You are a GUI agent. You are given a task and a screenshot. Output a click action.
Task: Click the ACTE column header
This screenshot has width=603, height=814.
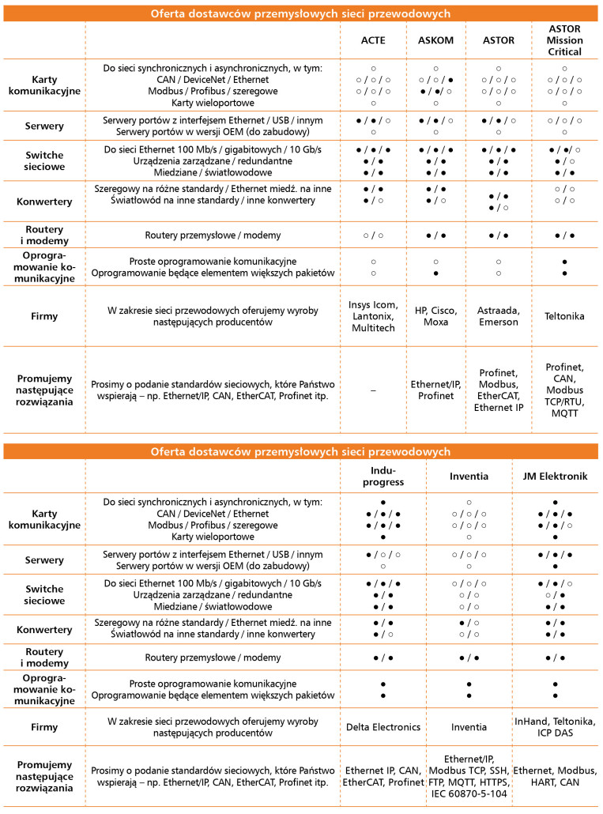pyautogui.click(x=372, y=40)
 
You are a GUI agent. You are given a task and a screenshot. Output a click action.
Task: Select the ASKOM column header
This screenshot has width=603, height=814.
pyautogui.click(x=435, y=40)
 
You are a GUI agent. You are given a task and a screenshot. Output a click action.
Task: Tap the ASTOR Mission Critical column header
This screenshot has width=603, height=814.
pyautogui.click(x=564, y=40)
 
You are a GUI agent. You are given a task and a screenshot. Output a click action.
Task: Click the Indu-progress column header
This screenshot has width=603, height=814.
pyautogui.click(x=383, y=476)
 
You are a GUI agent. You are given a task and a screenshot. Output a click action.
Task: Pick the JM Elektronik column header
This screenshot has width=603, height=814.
pyautogui.click(x=556, y=476)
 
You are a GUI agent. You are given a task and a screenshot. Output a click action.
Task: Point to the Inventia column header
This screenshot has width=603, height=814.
pyautogui.click(x=469, y=476)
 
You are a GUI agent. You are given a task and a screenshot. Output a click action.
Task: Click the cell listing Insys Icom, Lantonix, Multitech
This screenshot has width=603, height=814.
pyautogui.click(x=372, y=316)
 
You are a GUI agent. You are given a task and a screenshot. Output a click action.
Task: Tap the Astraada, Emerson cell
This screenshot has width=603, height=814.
pyautogui.click(x=498, y=316)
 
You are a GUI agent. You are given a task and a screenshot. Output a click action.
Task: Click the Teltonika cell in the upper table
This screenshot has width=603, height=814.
pyautogui.click(x=564, y=316)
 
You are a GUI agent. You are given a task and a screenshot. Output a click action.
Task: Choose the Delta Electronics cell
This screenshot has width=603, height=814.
pyautogui.click(x=383, y=726)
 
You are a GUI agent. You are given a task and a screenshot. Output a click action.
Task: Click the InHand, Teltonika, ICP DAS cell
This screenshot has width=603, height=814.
pyautogui.click(x=556, y=726)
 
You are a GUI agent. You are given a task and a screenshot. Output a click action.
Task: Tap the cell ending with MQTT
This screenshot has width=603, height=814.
pyautogui.click(x=564, y=390)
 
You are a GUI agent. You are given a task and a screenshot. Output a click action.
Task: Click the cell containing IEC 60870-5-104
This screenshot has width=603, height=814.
pyautogui.click(x=469, y=776)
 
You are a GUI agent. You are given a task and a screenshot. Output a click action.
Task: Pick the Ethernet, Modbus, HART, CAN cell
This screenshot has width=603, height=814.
pyautogui.click(x=556, y=776)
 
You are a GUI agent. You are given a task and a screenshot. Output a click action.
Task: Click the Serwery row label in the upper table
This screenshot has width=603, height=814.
pyautogui.click(x=44, y=126)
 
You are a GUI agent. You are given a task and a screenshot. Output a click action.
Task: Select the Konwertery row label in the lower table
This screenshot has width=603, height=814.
pyautogui.click(x=44, y=629)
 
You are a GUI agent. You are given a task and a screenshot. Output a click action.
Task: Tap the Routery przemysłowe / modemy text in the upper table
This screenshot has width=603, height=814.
pyautogui.click(x=213, y=236)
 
